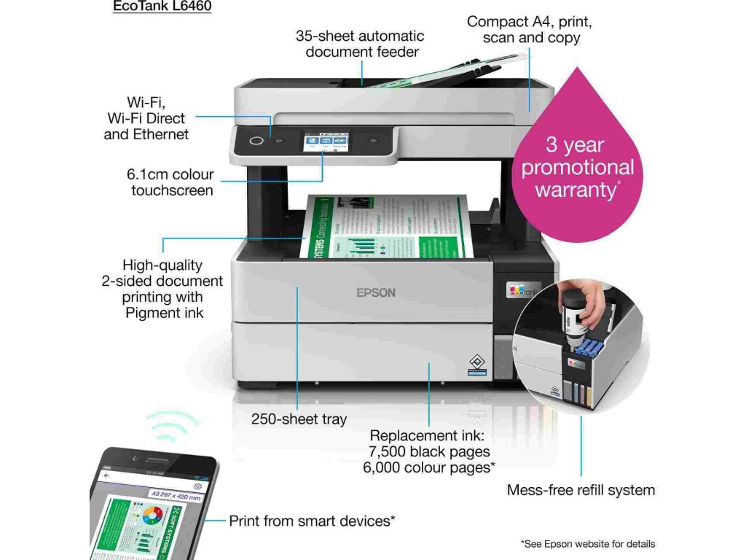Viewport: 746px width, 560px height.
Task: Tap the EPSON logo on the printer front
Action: [x=375, y=292]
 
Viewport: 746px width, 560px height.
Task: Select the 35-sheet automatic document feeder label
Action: [x=359, y=44]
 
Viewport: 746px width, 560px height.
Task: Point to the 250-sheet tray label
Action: [x=299, y=419]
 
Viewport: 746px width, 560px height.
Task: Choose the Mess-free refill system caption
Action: [x=581, y=490]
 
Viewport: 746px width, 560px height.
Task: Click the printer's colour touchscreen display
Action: [x=325, y=141]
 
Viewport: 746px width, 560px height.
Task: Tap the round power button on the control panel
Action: [x=256, y=141]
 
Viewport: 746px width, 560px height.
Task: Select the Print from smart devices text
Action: [x=312, y=521]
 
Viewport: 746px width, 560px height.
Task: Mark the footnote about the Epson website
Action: [x=587, y=544]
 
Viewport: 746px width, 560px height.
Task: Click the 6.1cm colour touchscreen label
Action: [x=171, y=182]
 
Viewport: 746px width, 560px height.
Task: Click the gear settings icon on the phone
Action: [x=197, y=486]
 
